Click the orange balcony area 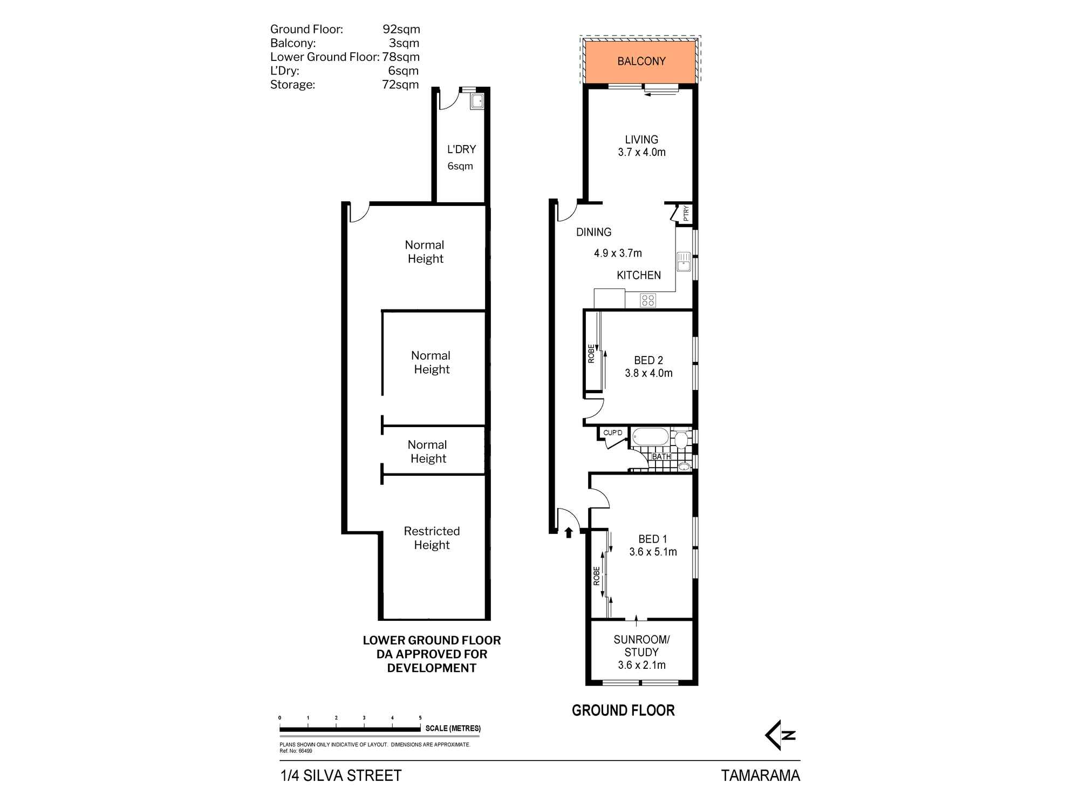click(x=640, y=62)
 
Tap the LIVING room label click(x=641, y=140)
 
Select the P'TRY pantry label click(x=686, y=214)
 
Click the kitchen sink click(x=684, y=262)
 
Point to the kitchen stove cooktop click(x=648, y=300)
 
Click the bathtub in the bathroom click(x=650, y=436)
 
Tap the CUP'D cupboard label click(x=612, y=433)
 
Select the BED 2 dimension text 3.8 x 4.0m click(x=648, y=373)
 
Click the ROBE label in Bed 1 click(x=596, y=576)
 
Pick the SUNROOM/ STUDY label click(x=641, y=646)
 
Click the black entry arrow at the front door click(x=568, y=533)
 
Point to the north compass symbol click(x=780, y=735)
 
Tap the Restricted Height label click(x=432, y=538)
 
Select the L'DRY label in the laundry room click(x=461, y=149)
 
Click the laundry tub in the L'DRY click(x=477, y=101)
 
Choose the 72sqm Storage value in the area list click(x=400, y=85)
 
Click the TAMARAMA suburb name click(x=760, y=776)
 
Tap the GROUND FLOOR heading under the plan click(x=623, y=710)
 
